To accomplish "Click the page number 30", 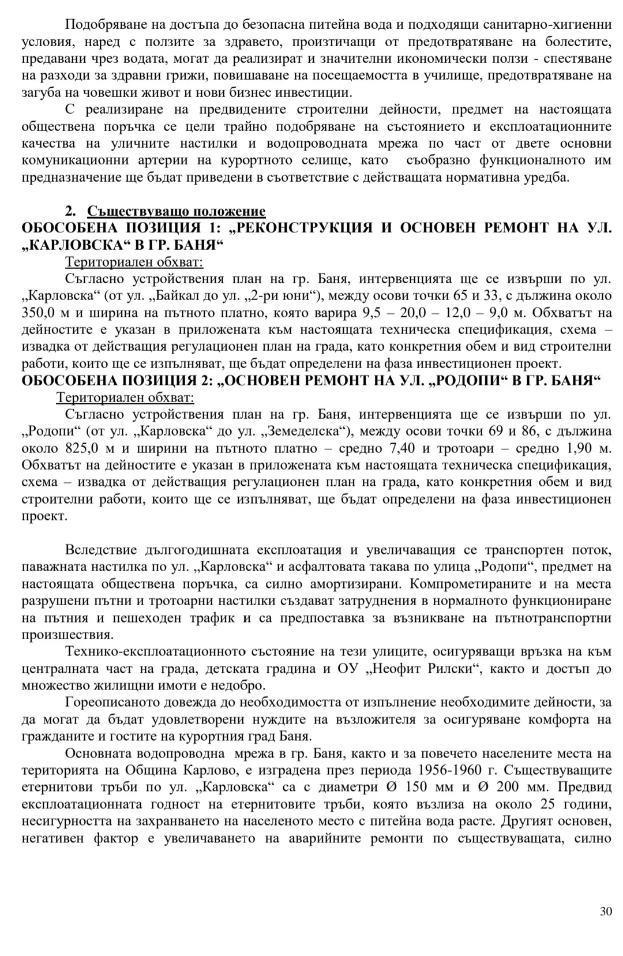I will pyautogui.click(x=606, y=912).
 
